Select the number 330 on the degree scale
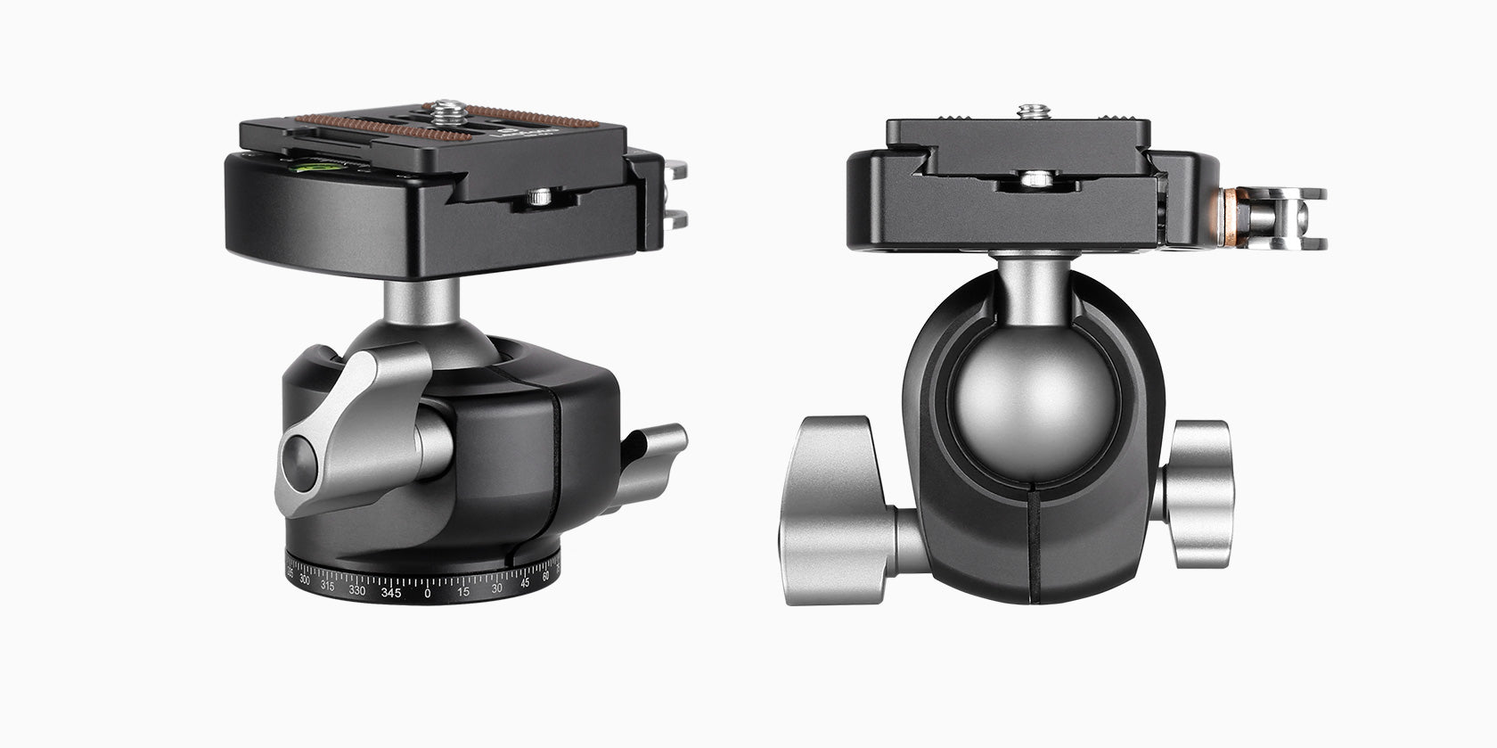(x=356, y=589)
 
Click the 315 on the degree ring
(x=328, y=585)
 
